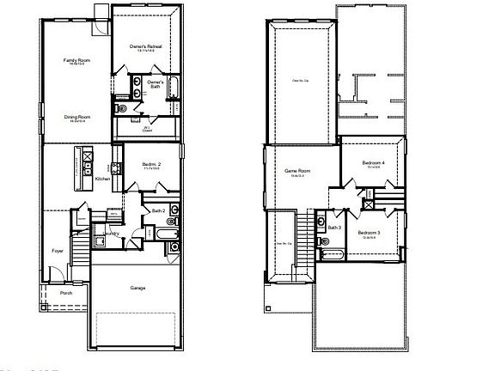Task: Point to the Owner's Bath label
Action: click(x=155, y=84)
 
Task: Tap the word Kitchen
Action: click(x=103, y=179)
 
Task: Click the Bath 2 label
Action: click(x=157, y=211)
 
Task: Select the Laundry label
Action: click(x=112, y=233)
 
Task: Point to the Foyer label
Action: click(x=58, y=251)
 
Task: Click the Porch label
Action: click(x=66, y=294)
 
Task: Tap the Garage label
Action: click(x=137, y=288)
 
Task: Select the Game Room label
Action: click(x=297, y=172)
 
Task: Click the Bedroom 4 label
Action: click(x=373, y=163)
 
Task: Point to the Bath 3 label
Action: click(x=334, y=228)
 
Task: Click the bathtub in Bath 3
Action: click(x=333, y=254)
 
